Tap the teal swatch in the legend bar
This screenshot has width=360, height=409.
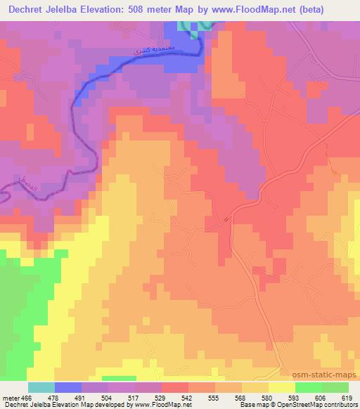pyautogui.click(x=41, y=387)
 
